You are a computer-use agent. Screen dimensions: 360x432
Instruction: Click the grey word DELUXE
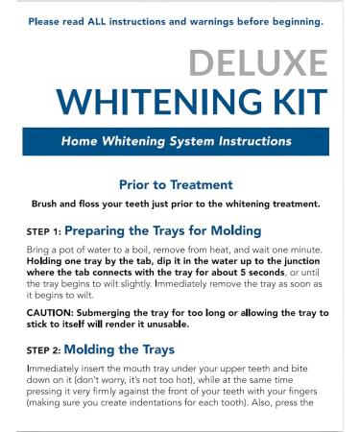(x=258, y=62)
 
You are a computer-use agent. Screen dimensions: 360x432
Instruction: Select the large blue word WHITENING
(x=159, y=102)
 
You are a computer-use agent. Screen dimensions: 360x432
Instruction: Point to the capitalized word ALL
(x=97, y=22)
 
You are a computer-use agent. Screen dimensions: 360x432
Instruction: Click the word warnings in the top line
(x=211, y=22)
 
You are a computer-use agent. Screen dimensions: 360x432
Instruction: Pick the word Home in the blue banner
(x=79, y=141)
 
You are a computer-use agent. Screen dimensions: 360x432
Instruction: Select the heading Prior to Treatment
(x=176, y=185)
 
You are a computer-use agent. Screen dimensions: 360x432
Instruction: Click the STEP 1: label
(x=44, y=231)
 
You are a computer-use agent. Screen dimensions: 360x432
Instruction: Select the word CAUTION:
(x=50, y=313)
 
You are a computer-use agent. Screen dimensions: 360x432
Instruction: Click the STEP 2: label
(x=43, y=350)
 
